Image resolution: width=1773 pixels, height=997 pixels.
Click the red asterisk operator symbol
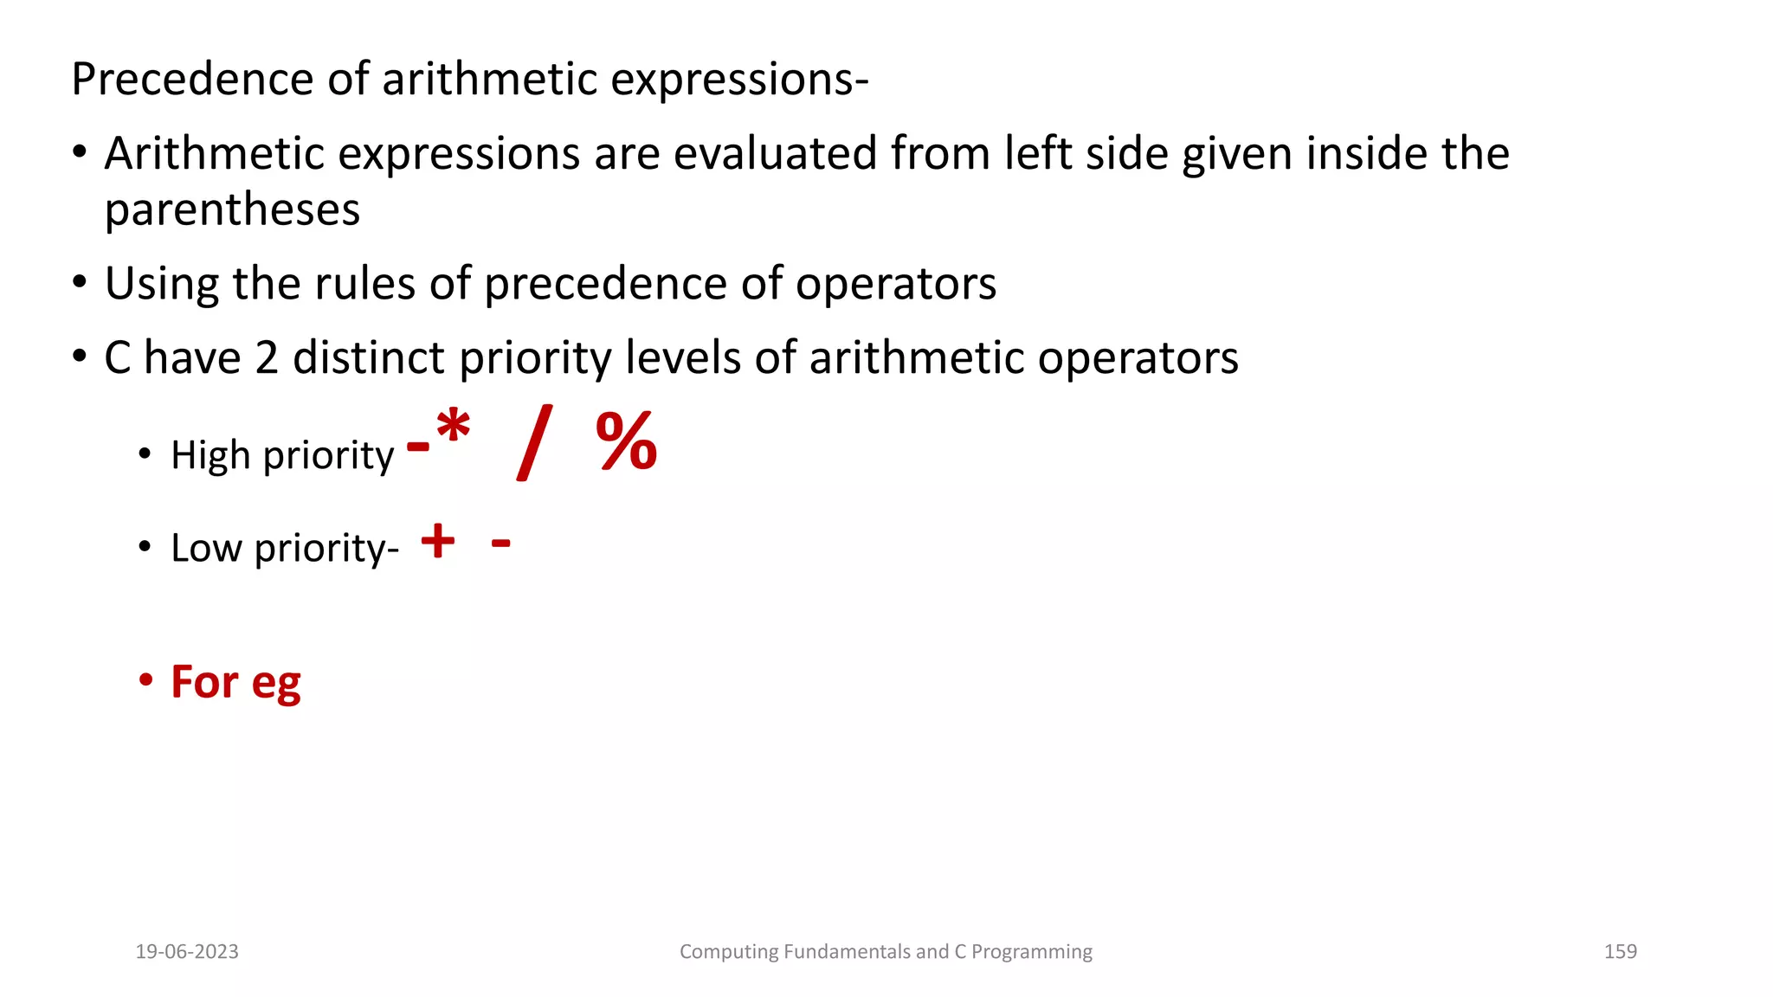[x=454, y=428]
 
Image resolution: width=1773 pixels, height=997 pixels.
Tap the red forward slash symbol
[x=533, y=442]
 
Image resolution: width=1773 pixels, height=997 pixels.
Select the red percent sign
[x=627, y=442]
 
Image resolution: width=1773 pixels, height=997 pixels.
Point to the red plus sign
[x=438, y=542]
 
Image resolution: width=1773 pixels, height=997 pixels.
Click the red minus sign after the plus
[x=500, y=544]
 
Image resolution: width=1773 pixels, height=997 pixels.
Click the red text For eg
[x=235, y=682]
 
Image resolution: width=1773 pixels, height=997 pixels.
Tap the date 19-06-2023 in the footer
[x=187, y=951]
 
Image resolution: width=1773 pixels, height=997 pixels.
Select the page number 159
[x=1620, y=951]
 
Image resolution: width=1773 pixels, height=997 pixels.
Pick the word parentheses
[x=232, y=210]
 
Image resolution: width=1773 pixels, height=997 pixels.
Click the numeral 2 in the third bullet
[x=267, y=357]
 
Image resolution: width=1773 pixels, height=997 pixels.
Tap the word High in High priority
[x=210, y=455]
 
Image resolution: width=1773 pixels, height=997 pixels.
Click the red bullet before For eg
[x=145, y=680]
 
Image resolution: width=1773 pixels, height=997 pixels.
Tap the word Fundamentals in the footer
[x=845, y=951]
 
